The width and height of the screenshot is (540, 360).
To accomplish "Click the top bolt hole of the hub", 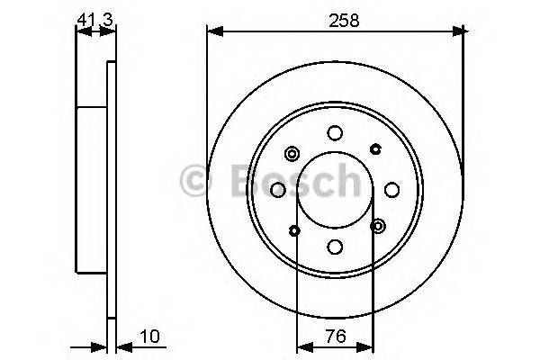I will [x=335, y=133].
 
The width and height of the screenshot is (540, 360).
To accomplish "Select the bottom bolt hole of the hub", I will [x=335, y=247].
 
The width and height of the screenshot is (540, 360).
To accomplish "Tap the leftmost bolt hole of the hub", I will [x=278, y=190].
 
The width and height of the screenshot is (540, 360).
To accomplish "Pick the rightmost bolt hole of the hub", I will [x=391, y=190].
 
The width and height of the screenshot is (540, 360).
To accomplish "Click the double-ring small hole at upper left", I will [x=292, y=153].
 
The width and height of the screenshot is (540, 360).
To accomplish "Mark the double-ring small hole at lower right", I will [x=378, y=226].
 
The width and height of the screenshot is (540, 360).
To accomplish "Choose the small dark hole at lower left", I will [x=295, y=231].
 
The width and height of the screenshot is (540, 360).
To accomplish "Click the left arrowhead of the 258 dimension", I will [x=213, y=31].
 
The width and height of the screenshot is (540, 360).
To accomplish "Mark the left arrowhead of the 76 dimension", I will [x=301, y=346].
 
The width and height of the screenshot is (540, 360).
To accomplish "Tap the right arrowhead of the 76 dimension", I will [x=370, y=346].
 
